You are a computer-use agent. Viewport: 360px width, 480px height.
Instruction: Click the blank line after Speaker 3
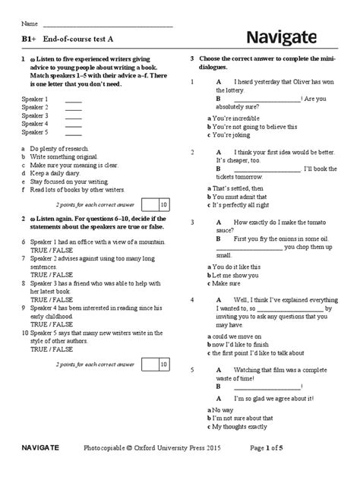[x=74, y=117]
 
